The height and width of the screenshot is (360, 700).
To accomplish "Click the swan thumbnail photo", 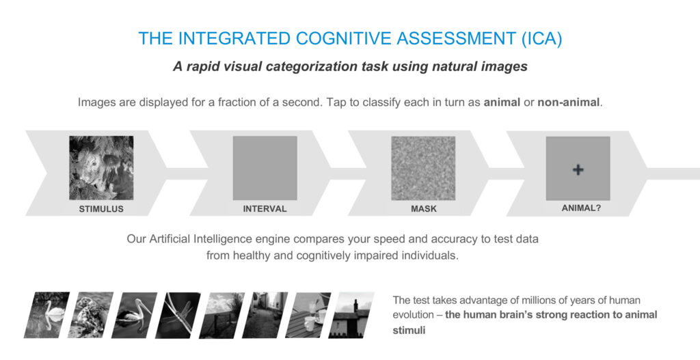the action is (47, 315).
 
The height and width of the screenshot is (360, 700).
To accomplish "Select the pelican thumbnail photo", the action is (135, 315).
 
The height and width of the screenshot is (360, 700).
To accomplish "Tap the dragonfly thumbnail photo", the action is (178, 315).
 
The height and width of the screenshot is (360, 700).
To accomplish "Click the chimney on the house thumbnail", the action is (355, 305).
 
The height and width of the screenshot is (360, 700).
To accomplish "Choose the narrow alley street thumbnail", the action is (265, 315).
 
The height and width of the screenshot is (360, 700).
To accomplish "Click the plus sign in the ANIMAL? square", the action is (578, 169).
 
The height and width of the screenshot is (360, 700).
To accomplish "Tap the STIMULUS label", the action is (101, 209).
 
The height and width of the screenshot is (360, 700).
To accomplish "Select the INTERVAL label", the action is (265, 209).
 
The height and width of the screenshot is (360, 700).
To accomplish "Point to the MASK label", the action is (424, 209).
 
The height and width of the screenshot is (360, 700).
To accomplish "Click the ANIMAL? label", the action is (581, 208).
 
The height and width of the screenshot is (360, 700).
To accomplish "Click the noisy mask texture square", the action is (423, 168).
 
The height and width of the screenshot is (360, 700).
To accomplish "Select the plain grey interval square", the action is (265, 168).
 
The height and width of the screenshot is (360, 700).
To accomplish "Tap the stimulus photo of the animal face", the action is (101, 168).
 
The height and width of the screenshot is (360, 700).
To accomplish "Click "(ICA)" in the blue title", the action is (541, 39).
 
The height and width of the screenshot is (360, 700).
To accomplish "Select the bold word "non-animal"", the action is (568, 102).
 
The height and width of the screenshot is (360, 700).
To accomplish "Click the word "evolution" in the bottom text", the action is (413, 314).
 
